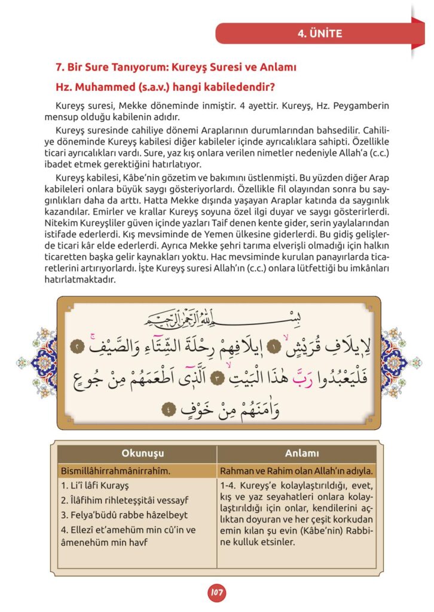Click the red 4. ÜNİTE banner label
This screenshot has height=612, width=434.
pos(320,33)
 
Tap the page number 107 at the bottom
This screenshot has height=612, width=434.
pos(216,593)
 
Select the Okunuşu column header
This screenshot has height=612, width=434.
pos(142,454)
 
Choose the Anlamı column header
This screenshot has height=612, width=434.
pos(297,454)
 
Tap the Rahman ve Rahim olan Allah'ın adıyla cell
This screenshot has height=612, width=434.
pos(297,471)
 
